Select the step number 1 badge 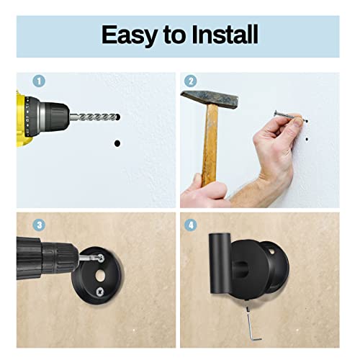pyautogui.click(x=38, y=81)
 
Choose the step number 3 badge pyautogui.click(x=38, y=224)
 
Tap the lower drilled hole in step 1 pyautogui.click(x=117, y=144)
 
